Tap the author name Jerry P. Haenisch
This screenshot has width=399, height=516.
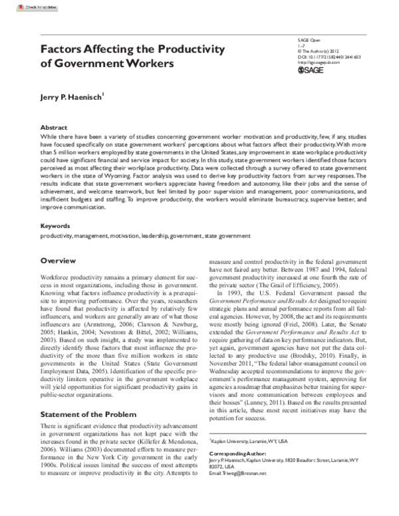pyautogui.click(x=72, y=98)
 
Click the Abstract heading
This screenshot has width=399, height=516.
pyautogui.click(x=54, y=126)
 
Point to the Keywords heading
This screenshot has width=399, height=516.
pyautogui.click(x=55, y=226)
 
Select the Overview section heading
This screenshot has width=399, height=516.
pyautogui.click(x=58, y=261)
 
